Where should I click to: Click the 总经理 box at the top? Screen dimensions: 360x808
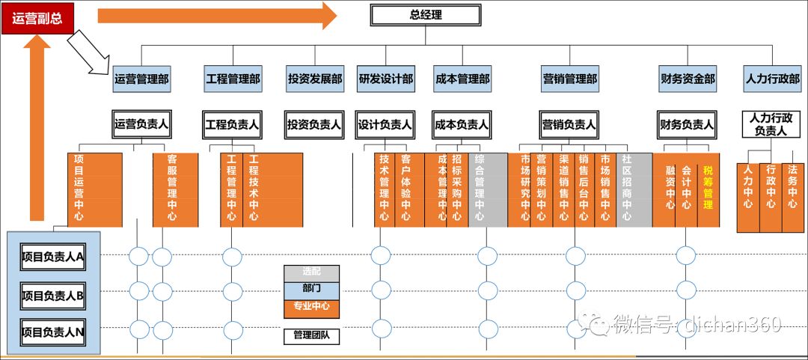pos(426,15)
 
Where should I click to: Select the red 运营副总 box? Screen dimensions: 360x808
pos(37,20)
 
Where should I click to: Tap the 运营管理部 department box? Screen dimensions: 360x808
pos(141,79)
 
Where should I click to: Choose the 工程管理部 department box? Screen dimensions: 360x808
pos(233,79)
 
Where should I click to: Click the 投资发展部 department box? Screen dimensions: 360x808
pos(314,79)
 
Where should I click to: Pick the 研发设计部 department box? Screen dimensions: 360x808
pos(385,79)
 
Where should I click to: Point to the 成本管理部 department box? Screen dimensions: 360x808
pos(462,79)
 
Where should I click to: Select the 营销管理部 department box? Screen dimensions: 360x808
pos(570,79)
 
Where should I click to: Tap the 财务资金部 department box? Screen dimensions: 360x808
pos(687,79)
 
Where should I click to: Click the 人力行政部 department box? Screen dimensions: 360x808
pos(771,79)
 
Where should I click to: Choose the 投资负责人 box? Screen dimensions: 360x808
pos(314,125)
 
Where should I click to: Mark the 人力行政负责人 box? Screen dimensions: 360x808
pos(771,124)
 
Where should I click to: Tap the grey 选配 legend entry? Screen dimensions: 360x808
pos(311,273)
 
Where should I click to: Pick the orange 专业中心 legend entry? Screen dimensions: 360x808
pos(311,307)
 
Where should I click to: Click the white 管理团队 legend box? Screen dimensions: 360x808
pos(311,336)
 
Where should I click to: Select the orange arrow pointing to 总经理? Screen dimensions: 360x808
pos(217,15)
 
